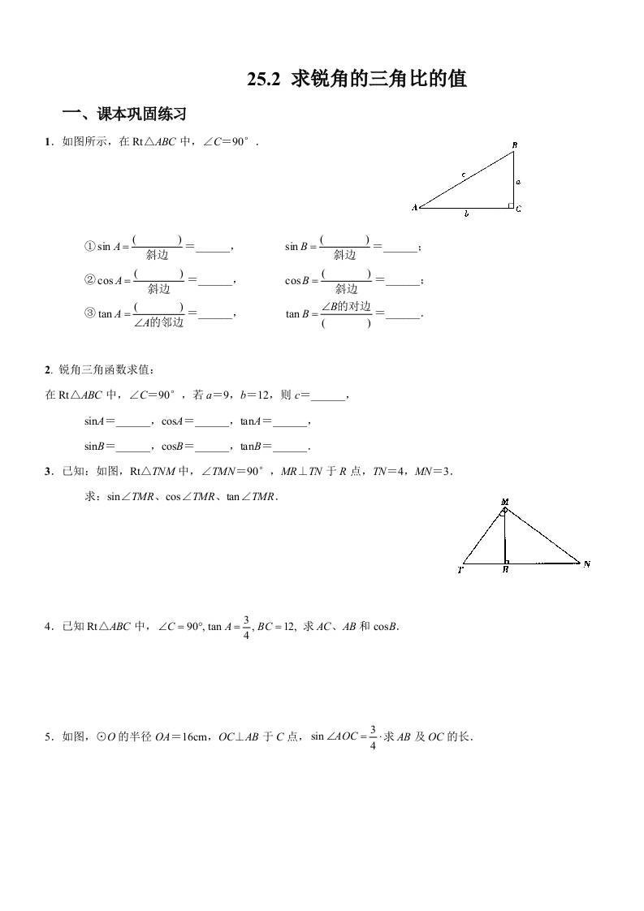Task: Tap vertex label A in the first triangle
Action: point(414,208)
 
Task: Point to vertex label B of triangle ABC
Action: point(515,145)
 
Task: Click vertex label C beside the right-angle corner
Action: point(518,209)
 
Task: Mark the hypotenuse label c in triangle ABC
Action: point(463,174)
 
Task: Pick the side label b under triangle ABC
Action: point(465,214)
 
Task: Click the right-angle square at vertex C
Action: point(510,205)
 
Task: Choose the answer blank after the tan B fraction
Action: point(404,314)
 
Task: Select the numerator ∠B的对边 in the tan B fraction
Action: point(346,306)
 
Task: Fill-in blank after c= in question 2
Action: point(328,397)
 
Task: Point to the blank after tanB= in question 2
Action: point(292,447)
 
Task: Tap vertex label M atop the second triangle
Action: point(504,503)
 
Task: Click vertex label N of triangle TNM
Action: point(587,563)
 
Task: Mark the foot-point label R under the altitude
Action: point(505,571)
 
